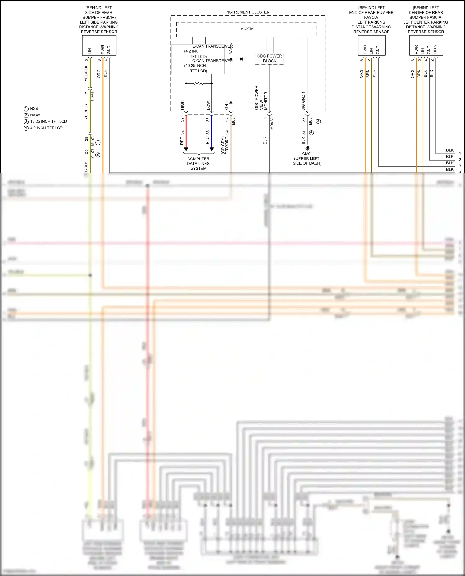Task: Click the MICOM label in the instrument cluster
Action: point(247,29)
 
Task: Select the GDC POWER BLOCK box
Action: point(269,58)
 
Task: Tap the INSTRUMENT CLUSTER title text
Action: point(247,12)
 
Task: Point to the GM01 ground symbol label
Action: point(307,154)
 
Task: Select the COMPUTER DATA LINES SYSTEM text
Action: point(198,163)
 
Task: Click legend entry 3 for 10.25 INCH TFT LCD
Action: point(48,121)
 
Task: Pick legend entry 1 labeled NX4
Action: point(34,109)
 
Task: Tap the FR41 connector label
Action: point(92,96)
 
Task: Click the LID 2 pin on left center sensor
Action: point(435,49)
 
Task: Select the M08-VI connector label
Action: point(272,123)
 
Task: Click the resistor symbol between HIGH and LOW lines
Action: point(198,84)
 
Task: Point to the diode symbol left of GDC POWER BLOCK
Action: point(241,59)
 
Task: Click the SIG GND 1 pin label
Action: point(303,101)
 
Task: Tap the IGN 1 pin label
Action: point(227,106)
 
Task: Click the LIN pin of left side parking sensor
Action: point(90,50)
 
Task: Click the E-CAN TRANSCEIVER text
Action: point(212,46)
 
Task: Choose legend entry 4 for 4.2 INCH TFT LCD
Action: point(46,128)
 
